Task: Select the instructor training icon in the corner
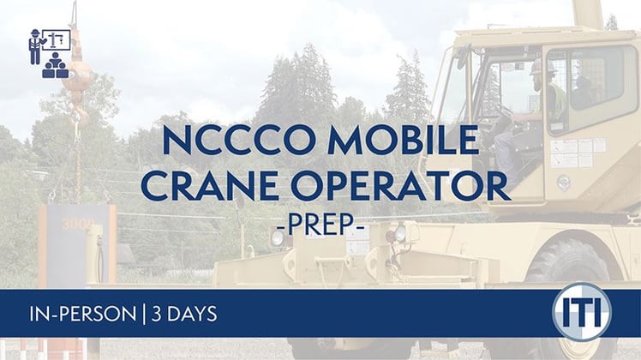(48, 52)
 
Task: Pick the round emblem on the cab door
(564, 183)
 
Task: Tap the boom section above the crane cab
(587, 13)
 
